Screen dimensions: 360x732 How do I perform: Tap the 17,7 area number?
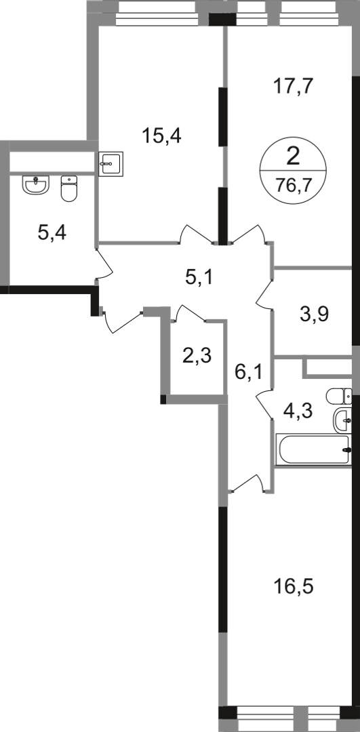click(x=293, y=86)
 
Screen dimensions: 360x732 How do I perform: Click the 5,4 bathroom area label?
click(x=52, y=232)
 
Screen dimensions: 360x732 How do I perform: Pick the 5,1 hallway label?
click(x=199, y=279)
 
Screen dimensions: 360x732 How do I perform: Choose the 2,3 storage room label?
click(x=197, y=357)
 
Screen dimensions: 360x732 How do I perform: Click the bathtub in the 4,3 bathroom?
click(x=313, y=449)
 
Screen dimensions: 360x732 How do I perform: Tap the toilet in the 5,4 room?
click(x=69, y=188)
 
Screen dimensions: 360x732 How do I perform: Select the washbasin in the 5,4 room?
click(x=36, y=185)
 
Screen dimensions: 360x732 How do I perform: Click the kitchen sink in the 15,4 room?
click(x=111, y=163)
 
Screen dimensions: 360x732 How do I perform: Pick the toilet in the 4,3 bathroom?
click(x=339, y=396)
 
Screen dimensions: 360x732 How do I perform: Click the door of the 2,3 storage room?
click(x=189, y=312)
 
